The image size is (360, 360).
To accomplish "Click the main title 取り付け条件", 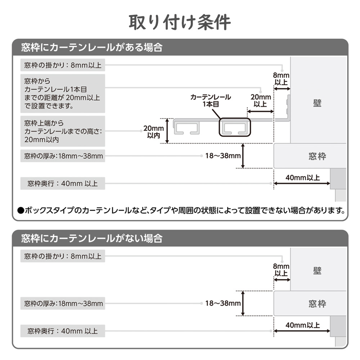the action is [180, 22].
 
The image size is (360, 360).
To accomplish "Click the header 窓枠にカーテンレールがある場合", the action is [92, 48].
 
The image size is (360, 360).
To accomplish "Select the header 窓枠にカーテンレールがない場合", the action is [92, 238].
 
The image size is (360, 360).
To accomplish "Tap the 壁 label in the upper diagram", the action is [317, 103].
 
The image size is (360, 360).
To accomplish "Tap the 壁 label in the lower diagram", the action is [317, 271].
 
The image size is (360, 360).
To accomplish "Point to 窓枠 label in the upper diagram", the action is [317, 156].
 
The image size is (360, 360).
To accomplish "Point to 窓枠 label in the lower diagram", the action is [317, 304].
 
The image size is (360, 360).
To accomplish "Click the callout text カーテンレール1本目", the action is [211, 100].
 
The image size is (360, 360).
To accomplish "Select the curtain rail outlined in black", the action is [235, 127].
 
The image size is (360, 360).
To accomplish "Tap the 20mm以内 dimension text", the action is [153, 131].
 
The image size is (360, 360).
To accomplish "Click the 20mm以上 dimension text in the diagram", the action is [261, 100].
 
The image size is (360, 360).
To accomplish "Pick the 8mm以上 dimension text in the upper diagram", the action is [281, 78].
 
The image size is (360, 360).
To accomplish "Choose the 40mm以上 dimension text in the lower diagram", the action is [303, 325].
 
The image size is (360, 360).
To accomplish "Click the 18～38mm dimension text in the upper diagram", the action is [223, 156].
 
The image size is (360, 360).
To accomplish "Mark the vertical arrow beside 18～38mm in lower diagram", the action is [243, 303].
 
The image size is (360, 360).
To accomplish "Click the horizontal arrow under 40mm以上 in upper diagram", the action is [302, 183].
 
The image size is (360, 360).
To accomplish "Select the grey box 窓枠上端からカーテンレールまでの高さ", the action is [63, 131].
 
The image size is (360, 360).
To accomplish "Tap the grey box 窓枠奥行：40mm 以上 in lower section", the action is [63, 331].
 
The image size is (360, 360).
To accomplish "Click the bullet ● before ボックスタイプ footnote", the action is [21, 210].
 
